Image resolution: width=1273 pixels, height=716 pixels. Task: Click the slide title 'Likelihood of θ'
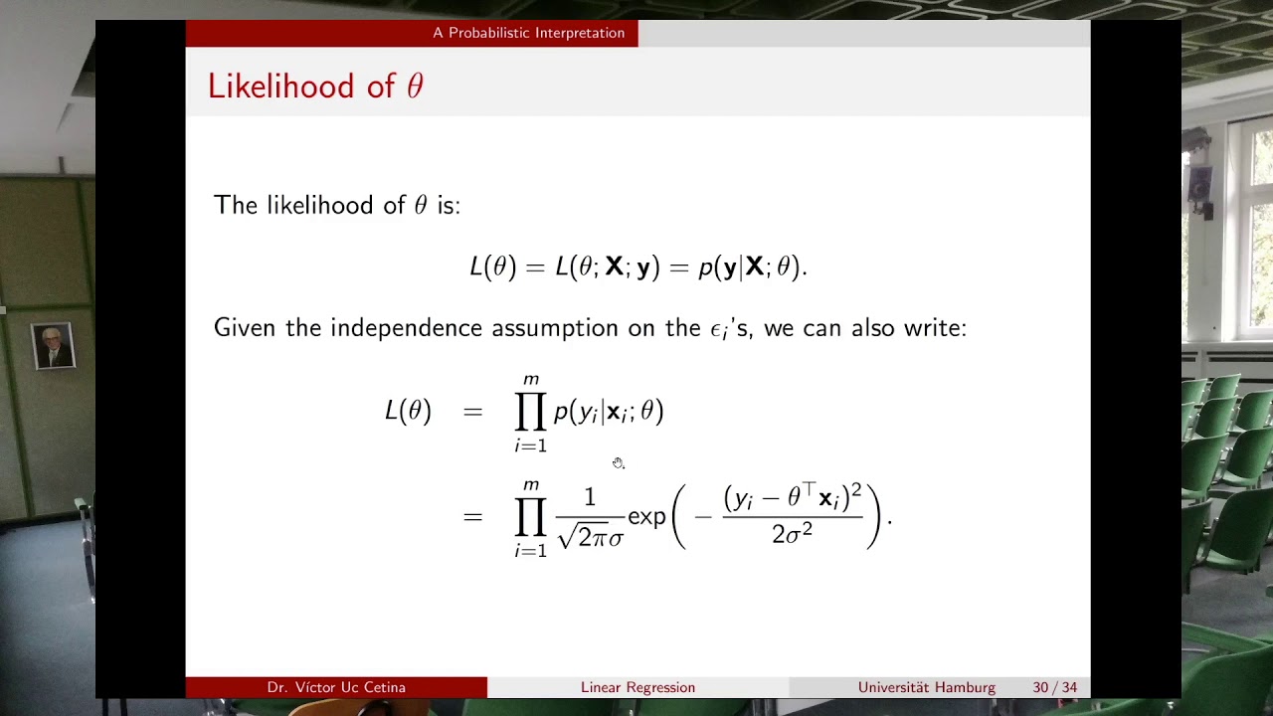pos(315,87)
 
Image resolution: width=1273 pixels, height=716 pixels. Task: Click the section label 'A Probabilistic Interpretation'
pos(528,33)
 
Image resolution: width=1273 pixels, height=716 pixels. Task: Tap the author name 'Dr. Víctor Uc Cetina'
pos(336,687)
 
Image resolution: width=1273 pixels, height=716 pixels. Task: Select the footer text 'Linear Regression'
pos(637,687)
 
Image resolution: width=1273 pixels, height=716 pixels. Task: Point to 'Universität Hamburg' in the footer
pos(926,687)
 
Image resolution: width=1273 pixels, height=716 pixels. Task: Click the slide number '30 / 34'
pos(1054,687)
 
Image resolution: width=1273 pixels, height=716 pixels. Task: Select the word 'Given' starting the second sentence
pos(246,328)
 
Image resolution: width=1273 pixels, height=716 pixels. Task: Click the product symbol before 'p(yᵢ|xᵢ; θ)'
pos(530,412)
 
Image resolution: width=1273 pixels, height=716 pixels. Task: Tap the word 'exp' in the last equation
pos(646,517)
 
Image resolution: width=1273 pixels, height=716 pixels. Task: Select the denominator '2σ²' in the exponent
pos(792,534)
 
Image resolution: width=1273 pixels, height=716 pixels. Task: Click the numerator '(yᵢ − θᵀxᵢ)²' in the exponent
pos(792,497)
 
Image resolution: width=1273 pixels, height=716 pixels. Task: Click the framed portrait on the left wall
pos(53,346)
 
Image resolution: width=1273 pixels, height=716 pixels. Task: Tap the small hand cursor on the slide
pos(618,463)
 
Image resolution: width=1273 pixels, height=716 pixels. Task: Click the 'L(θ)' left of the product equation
pos(408,412)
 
